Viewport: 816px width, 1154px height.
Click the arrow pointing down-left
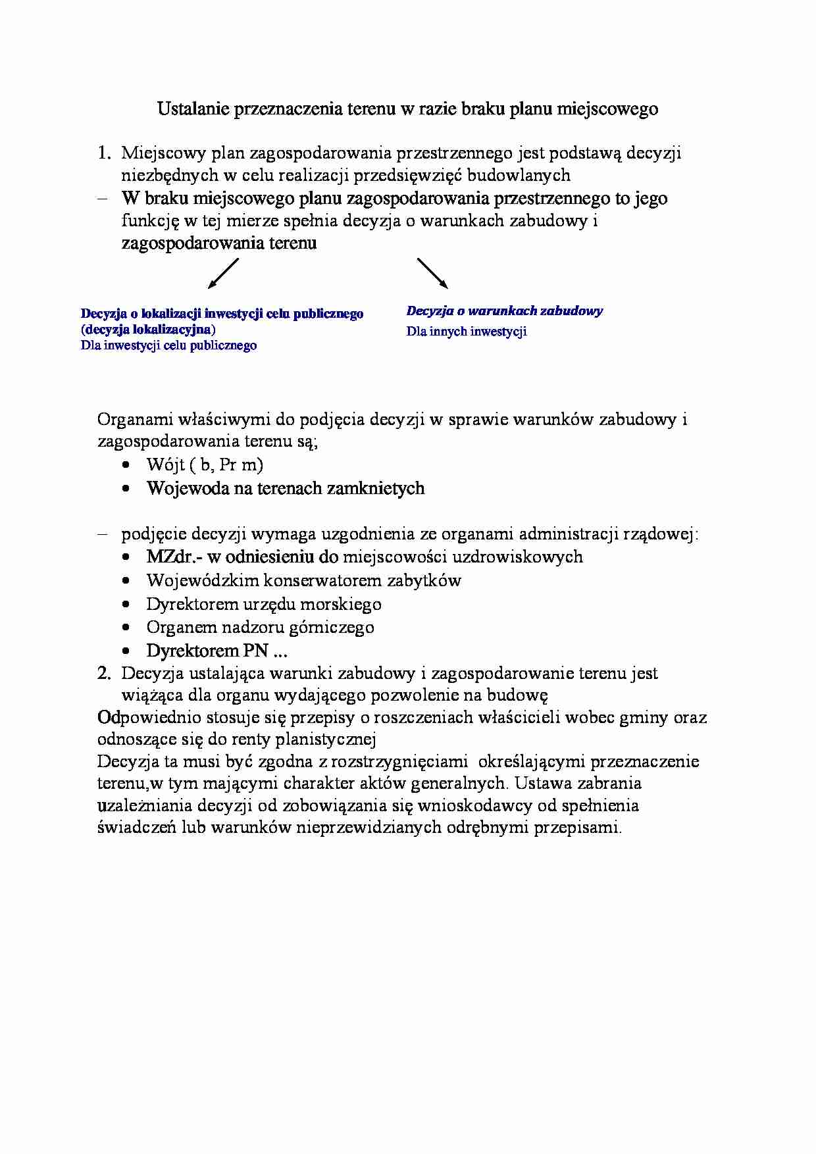tap(223, 273)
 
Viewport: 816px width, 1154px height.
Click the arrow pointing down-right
tap(432, 273)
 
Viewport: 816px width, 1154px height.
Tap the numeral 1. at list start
tap(105, 153)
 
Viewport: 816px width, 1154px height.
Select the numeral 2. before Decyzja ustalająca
tap(105, 673)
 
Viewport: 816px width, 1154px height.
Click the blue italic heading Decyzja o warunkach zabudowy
tap(504, 311)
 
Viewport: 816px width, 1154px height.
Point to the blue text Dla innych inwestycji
tap(466, 332)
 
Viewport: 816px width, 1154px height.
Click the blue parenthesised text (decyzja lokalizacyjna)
tap(148, 329)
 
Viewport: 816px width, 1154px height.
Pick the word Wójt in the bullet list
tap(165, 465)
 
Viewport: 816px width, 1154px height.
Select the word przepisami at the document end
tap(580, 828)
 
